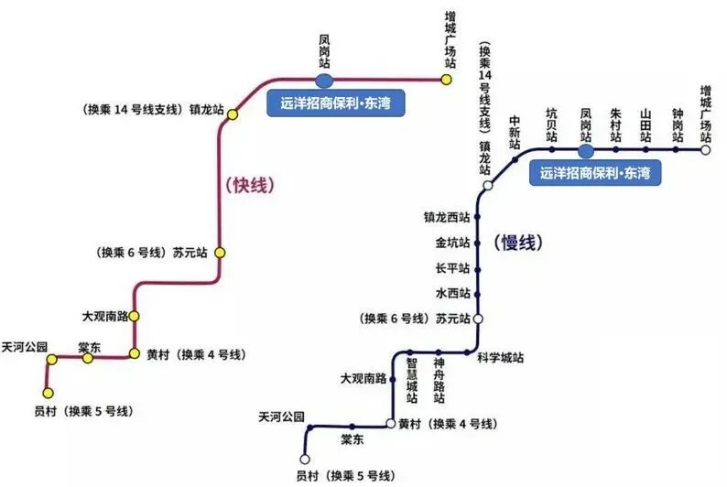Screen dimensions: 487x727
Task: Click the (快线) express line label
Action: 250,184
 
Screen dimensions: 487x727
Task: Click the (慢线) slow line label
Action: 519,243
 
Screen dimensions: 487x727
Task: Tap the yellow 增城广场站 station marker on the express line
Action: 446,80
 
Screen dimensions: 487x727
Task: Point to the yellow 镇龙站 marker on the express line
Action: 233,114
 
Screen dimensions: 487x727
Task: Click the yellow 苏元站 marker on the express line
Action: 220,252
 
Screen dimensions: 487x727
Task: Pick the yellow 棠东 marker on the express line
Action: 88,358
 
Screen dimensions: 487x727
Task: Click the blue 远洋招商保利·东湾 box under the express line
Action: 335,103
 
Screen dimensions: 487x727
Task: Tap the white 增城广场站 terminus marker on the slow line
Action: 706,149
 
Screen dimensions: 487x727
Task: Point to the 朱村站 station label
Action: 615,124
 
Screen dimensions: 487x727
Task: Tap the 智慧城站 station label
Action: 412,377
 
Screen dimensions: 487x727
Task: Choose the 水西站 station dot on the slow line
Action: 477,294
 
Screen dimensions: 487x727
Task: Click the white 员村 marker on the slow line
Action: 305,459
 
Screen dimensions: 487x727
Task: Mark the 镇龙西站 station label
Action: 447,218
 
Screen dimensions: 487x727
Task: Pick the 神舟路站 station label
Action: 439,377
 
